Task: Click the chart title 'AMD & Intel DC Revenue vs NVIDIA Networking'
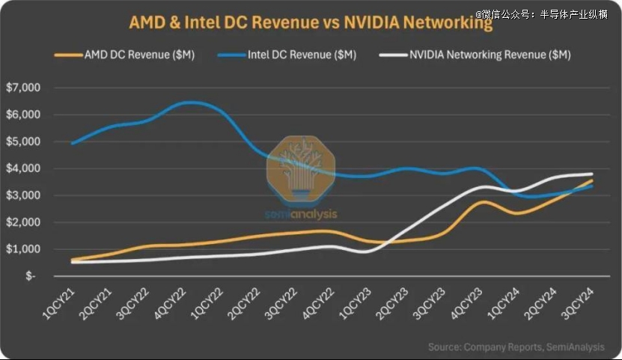click(x=311, y=23)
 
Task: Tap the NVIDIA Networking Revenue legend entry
click(x=480, y=55)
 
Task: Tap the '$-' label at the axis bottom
click(x=30, y=276)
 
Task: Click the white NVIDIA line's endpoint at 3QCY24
click(x=592, y=174)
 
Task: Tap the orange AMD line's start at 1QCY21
click(x=73, y=260)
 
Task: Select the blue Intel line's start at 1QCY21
click(x=73, y=143)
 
